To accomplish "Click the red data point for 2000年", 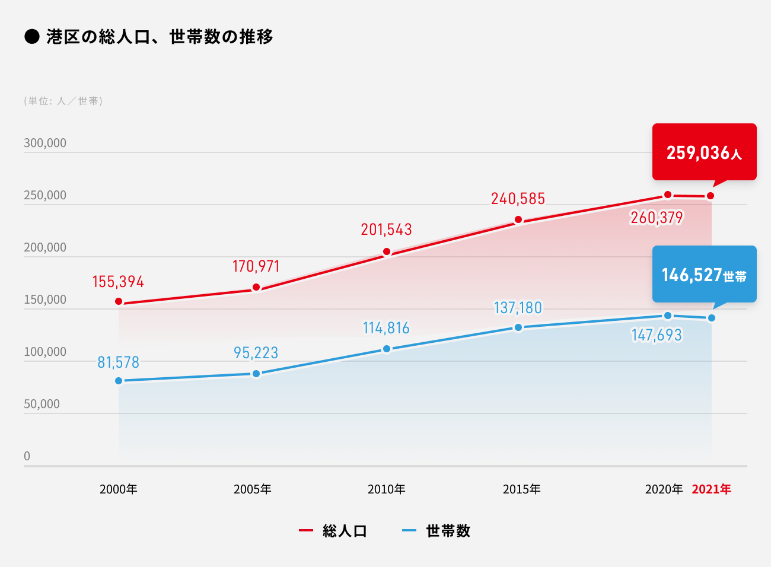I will (x=119, y=302).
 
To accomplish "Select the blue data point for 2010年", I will (x=387, y=349).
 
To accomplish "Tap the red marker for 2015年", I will (x=518, y=220).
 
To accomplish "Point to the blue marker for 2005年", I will (x=256, y=374).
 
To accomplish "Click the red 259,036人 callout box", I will (x=704, y=152).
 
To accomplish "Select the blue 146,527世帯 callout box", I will (x=704, y=274).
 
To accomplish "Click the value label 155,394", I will (x=118, y=282).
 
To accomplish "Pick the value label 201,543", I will (x=386, y=230).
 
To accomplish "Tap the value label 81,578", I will (x=118, y=362).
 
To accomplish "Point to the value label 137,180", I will (x=518, y=308).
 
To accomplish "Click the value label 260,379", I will (x=657, y=218).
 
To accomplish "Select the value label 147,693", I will (x=657, y=335).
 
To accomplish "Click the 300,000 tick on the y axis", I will (x=45, y=143).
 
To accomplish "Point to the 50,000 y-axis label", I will (x=42, y=404).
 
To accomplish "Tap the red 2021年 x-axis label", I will (x=711, y=489).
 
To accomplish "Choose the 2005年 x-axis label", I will (x=253, y=489).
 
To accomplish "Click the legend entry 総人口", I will (x=344, y=531).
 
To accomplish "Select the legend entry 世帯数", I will (x=448, y=531).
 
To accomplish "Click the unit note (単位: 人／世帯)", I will (x=63, y=101).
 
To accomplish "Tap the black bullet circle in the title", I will (x=31, y=37).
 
